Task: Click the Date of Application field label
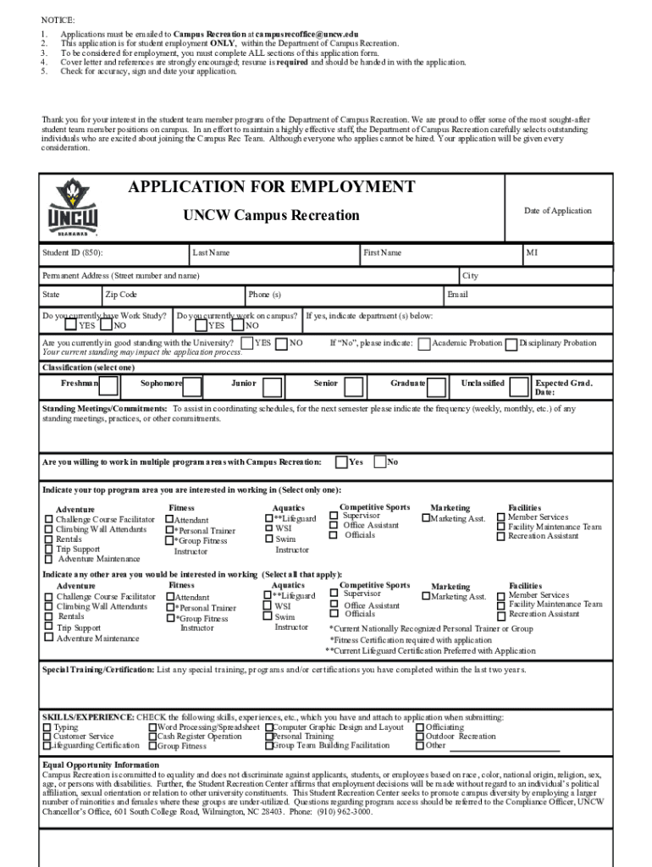(557, 211)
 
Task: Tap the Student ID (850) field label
(74, 252)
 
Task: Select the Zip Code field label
(121, 295)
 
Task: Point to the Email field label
(457, 295)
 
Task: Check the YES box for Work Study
(70, 325)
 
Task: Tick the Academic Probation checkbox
(425, 344)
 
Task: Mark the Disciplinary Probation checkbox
(511, 344)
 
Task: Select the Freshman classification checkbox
(108, 387)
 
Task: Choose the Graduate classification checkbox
(437, 387)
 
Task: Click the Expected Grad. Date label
(563, 388)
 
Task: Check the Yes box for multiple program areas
(340, 461)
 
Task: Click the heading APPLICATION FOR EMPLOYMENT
(271, 187)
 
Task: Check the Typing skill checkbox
(47, 727)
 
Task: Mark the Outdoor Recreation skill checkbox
(419, 737)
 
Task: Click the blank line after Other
(505, 748)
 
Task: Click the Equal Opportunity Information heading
(101, 765)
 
